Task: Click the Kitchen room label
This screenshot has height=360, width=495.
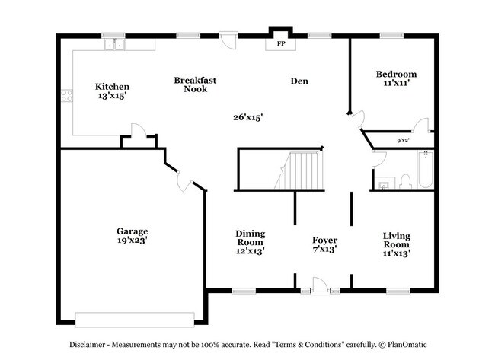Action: (111, 87)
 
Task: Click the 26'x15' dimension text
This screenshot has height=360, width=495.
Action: (247, 117)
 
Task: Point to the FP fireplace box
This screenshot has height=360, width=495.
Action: (280, 44)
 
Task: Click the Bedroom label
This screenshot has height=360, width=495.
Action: (396, 74)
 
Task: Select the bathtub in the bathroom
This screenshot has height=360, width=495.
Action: (424, 170)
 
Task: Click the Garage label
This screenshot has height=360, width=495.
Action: (132, 231)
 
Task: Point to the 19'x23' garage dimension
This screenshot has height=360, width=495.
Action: (132, 241)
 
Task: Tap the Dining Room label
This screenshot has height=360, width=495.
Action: (250, 237)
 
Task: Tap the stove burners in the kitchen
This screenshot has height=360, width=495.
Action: (67, 96)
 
